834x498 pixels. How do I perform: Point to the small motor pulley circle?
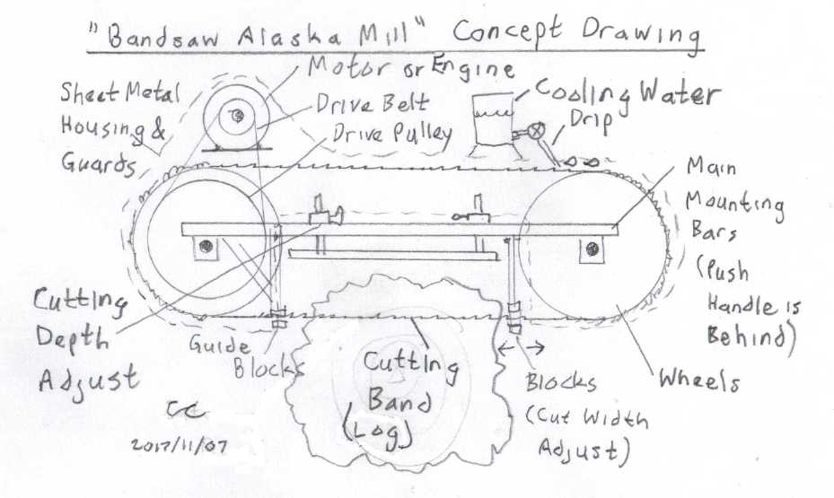click(234, 115)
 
